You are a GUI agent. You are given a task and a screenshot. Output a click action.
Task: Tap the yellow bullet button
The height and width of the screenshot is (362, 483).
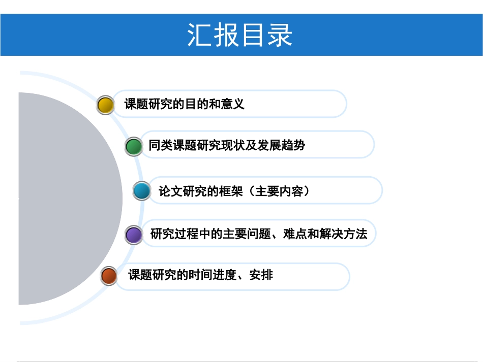click(x=105, y=105)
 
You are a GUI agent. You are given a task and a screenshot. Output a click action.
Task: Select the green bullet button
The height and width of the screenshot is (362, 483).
click(x=133, y=146)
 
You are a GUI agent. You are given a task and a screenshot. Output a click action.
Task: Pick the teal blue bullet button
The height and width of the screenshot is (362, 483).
click(x=142, y=191)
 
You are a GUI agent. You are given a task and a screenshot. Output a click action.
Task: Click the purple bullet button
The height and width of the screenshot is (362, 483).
click(x=134, y=235)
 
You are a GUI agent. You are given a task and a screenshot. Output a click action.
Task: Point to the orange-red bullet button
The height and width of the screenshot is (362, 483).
click(x=109, y=276)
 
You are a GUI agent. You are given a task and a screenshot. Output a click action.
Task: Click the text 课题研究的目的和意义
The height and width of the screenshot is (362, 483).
click(x=185, y=104)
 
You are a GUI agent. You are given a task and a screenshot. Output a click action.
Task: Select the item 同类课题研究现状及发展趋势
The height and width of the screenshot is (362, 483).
click(x=227, y=145)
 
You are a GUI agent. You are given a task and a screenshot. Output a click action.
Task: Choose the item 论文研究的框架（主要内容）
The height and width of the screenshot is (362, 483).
click(x=234, y=191)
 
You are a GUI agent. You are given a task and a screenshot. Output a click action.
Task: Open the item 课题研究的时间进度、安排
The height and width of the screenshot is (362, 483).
click(x=200, y=275)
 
